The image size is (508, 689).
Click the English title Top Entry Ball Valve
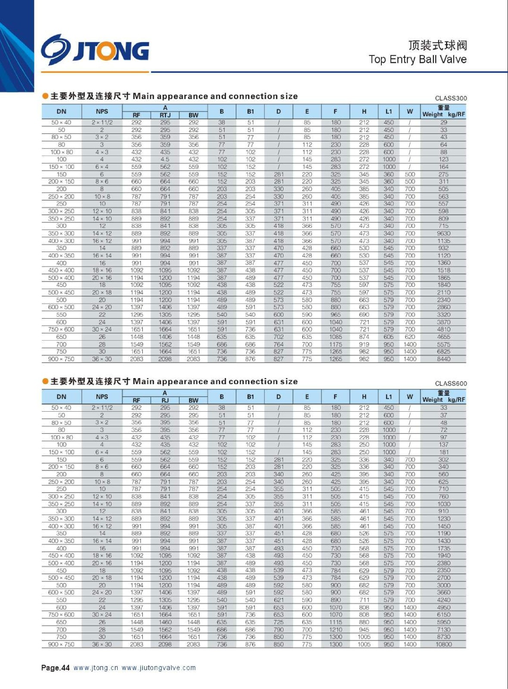[x=417, y=59]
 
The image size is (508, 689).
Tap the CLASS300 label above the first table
[x=451, y=98]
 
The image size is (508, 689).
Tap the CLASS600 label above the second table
[x=451, y=383]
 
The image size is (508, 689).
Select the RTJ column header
[x=165, y=115]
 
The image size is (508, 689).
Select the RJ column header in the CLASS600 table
[x=165, y=400]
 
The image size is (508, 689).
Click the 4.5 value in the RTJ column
[x=165, y=159]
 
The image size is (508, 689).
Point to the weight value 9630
[x=443, y=233]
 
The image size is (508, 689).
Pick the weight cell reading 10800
[x=443, y=644]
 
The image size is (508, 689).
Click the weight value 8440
[x=443, y=359]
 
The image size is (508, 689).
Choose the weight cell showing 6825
[x=443, y=352]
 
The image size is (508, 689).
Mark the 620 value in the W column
[x=410, y=337]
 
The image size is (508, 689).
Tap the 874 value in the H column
[x=364, y=337]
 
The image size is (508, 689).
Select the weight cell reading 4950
[x=443, y=607]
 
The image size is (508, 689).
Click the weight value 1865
[x=443, y=278]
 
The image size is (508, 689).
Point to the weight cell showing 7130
[x=443, y=630]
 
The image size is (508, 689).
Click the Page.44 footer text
[x=55, y=668]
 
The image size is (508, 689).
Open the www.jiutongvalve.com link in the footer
[x=159, y=668]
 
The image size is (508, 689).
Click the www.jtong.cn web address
[x=96, y=668]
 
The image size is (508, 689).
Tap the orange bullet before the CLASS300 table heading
[x=45, y=96]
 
